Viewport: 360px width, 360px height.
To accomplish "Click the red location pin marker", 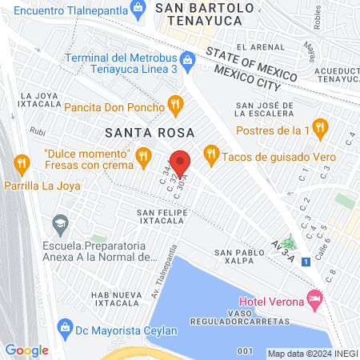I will coord(181,162).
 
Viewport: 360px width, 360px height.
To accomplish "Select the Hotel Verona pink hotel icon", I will coord(314,300).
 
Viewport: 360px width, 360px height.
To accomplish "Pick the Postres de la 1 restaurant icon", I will coord(320,127).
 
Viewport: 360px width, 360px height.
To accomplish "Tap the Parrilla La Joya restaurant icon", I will coord(22,165).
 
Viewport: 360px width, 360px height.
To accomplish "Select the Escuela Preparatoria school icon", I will coord(59,222).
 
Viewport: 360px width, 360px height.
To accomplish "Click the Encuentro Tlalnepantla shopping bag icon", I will coord(138,10).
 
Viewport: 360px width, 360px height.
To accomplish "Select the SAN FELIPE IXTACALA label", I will coord(162,216).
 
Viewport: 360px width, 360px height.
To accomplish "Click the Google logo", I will coord(26,350).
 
